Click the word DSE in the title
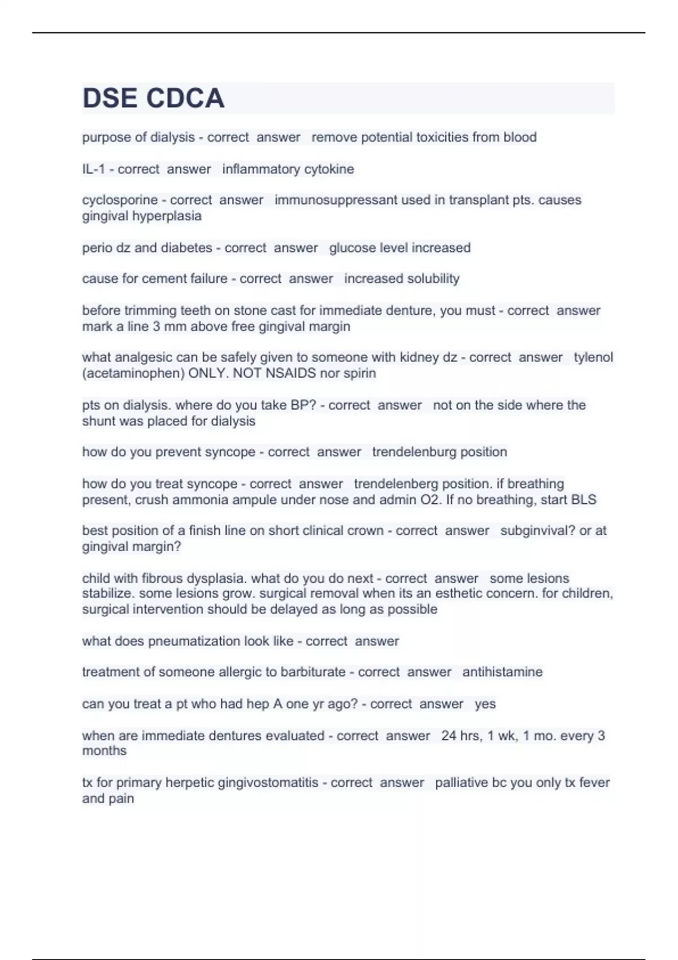click(110, 98)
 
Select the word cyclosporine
click(120, 200)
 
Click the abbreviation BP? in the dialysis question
click(303, 405)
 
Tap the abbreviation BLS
click(584, 500)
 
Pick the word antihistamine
click(502, 672)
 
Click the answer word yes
click(485, 704)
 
